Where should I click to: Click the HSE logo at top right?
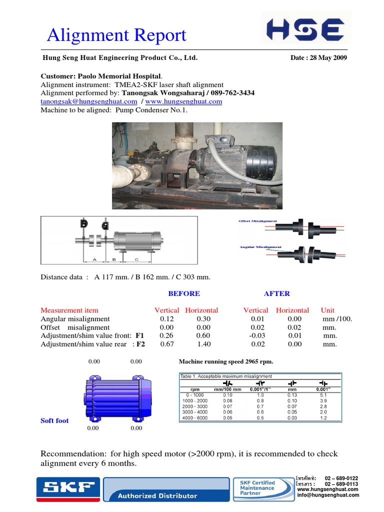305,28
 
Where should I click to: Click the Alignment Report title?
116,35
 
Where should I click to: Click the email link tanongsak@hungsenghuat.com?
81,101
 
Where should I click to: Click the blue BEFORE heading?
184,293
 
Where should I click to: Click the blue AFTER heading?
277,293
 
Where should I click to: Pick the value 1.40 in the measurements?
204,344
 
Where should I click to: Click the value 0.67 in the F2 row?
166,344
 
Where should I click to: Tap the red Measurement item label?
69,310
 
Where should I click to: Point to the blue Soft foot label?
54,420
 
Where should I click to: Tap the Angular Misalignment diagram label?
260,247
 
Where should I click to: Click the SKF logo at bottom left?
67,488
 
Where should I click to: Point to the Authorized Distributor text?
157,496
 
